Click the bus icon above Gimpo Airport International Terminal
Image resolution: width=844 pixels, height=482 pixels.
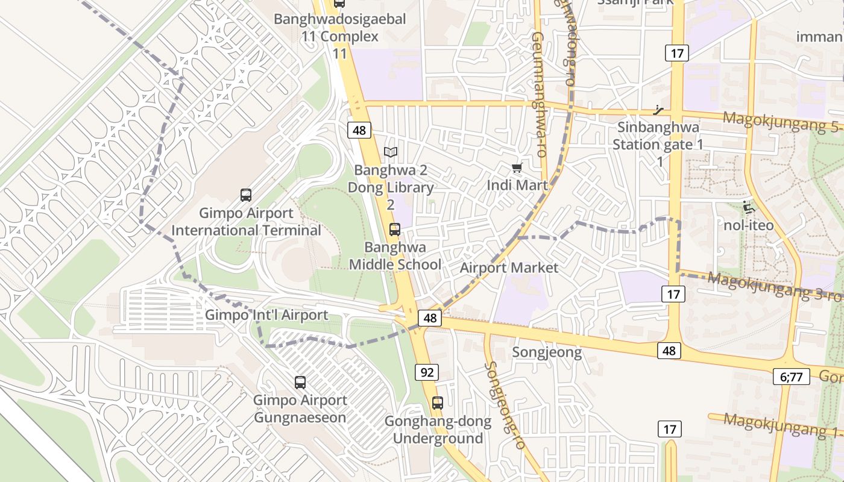click(246, 195)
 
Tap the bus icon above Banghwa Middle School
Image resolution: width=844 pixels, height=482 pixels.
click(395, 229)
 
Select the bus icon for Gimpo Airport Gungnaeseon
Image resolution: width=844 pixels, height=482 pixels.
click(300, 382)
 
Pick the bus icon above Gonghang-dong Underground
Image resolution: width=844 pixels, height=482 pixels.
click(438, 403)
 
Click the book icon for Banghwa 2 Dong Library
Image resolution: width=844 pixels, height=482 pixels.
click(391, 152)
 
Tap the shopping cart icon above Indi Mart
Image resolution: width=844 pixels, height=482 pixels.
click(517, 167)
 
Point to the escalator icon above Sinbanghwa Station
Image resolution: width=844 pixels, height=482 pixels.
click(659, 110)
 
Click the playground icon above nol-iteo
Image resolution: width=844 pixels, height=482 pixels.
click(749, 207)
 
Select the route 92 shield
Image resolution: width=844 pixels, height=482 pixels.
click(427, 372)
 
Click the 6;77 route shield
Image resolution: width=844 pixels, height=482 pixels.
click(792, 377)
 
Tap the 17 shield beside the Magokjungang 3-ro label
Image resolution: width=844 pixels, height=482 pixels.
click(673, 294)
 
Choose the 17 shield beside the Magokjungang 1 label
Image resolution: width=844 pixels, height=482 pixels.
click(669, 429)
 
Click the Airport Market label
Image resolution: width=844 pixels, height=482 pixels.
click(509, 268)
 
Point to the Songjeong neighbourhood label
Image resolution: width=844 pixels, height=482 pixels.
click(547, 352)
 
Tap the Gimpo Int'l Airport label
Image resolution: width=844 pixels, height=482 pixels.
click(266, 315)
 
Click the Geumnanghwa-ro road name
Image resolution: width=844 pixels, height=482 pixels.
click(538, 95)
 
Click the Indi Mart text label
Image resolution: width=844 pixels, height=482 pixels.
click(517, 185)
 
